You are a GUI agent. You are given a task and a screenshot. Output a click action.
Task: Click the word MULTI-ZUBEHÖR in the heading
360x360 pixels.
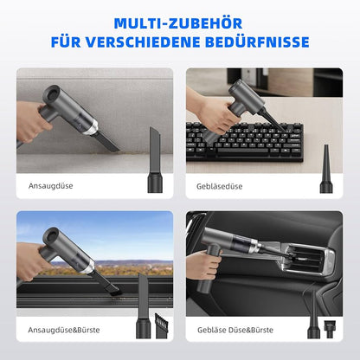pos(178,23)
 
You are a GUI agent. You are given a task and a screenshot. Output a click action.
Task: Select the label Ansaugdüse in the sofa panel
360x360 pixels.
pos(50,186)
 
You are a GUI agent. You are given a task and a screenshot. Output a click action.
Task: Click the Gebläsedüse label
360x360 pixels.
pos(219,186)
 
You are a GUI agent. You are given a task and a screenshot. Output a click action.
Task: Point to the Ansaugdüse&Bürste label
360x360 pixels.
pos(64,330)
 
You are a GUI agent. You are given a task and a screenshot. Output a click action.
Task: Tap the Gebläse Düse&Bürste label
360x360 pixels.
pos(235,330)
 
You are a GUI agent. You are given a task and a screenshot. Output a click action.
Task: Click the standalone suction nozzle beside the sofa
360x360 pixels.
pos(155,160)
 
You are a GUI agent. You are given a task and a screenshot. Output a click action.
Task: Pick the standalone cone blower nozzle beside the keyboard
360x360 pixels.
pos(326,169)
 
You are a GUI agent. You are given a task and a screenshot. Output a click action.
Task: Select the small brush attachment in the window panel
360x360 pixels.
pos(162,326)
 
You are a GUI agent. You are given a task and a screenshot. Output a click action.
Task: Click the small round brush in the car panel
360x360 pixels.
pos(331,329)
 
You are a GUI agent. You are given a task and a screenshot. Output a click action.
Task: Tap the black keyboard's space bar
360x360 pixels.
pos(242,151)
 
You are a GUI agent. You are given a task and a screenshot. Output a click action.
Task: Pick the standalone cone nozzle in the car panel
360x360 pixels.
pos(313,314)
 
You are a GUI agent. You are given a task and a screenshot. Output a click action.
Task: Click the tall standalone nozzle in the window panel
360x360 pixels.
pos(143,305)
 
